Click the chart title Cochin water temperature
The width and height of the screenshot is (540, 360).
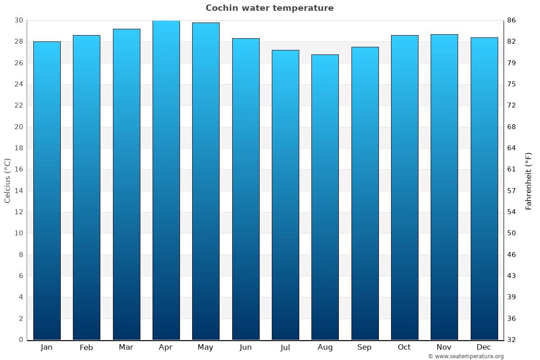click(x=270, y=8)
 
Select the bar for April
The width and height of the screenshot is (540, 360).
click(x=166, y=180)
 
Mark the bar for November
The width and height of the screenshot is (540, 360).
click(x=444, y=187)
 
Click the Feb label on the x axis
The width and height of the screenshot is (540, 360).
click(x=86, y=347)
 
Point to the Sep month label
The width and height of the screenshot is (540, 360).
click(x=364, y=347)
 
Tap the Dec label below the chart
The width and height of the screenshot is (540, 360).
click(x=484, y=347)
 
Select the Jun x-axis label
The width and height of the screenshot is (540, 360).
click(x=246, y=347)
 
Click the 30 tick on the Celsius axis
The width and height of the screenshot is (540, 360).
click(x=18, y=20)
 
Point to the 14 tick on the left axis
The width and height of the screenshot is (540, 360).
click(x=18, y=191)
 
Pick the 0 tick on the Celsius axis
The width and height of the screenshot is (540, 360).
click(x=21, y=340)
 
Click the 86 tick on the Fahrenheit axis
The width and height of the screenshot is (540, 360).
click(x=512, y=20)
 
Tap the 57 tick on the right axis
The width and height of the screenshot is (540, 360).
click(x=512, y=191)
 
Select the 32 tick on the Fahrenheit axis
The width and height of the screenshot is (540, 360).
click(x=512, y=340)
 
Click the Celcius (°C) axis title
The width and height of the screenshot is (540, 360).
click(x=8, y=180)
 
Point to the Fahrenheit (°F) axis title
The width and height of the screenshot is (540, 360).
click(x=529, y=180)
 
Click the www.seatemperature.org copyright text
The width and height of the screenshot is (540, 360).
click(x=466, y=356)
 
